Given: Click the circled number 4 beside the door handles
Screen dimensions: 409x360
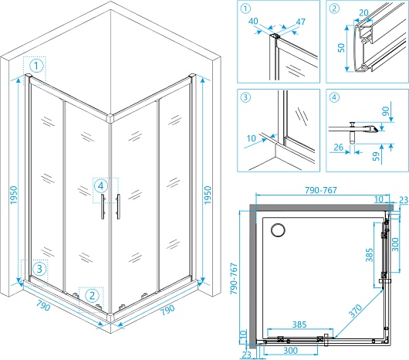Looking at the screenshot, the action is click(101, 186).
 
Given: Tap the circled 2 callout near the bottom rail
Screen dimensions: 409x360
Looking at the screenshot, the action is click(92, 296).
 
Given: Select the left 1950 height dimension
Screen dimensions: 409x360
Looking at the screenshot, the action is click(14, 195).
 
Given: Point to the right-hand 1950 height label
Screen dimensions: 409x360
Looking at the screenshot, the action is click(208, 195).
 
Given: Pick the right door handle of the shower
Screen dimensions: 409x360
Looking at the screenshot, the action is click(118, 206).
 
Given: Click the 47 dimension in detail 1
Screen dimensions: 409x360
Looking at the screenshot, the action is click(300, 22).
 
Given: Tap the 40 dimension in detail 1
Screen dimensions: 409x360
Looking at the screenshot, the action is click(253, 21).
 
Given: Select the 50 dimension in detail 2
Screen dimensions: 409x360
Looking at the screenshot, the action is click(341, 48).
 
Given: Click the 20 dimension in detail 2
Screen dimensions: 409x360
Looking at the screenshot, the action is click(363, 12).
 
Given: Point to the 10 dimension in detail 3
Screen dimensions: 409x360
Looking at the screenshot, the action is click(252, 138).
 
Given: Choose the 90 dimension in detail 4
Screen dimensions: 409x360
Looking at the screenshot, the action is click(386, 111).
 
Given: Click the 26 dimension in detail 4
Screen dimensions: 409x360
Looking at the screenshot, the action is click(338, 148).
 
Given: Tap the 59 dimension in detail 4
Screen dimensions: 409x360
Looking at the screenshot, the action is click(376, 156).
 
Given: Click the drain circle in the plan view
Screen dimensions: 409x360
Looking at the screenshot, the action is click(278, 230).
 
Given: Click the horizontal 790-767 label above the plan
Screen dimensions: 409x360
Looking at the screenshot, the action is click(321, 190).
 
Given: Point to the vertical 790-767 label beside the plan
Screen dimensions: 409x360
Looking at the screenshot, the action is click(234, 278).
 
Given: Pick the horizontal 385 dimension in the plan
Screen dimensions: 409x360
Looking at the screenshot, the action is click(299, 324).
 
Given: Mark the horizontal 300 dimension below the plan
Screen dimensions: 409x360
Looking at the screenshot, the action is click(291, 350).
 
